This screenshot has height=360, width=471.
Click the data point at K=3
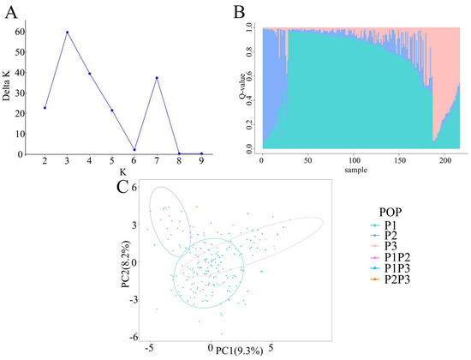tap(68, 33)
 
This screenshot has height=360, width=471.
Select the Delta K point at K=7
tap(157, 78)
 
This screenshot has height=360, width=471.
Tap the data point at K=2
tap(45, 108)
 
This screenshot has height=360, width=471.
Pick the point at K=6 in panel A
tap(134, 149)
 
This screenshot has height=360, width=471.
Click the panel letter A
tap(11, 13)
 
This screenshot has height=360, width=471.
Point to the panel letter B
tap(240, 13)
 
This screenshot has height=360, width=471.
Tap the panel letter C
tap(122, 187)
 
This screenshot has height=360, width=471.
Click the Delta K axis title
tap(6, 86)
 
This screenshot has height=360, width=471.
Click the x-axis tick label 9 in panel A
tap(201, 161)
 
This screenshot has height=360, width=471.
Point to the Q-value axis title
tap(242, 87)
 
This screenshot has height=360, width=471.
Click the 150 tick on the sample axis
tap(400, 160)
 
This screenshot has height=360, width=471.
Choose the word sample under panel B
tap(356, 170)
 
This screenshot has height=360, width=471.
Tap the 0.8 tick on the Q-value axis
tap(248, 51)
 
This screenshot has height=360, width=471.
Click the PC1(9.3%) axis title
tap(240, 351)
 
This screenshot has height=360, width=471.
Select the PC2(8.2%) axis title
tap(126, 264)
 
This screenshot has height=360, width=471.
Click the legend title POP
tap(391, 213)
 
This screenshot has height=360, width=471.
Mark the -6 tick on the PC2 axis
tap(134, 338)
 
